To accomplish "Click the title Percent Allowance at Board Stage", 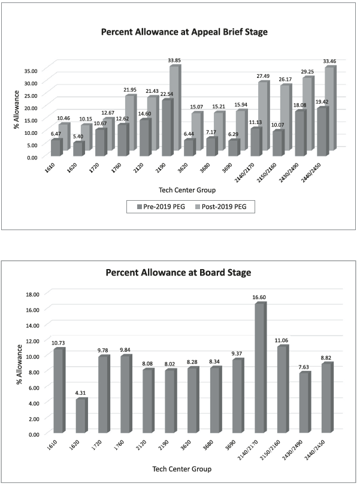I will pos(179,273).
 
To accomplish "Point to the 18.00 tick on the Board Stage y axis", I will pos(31,294).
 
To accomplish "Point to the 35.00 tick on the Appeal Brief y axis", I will pos(31,70).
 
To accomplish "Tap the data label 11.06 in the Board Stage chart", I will pos(281,340).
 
